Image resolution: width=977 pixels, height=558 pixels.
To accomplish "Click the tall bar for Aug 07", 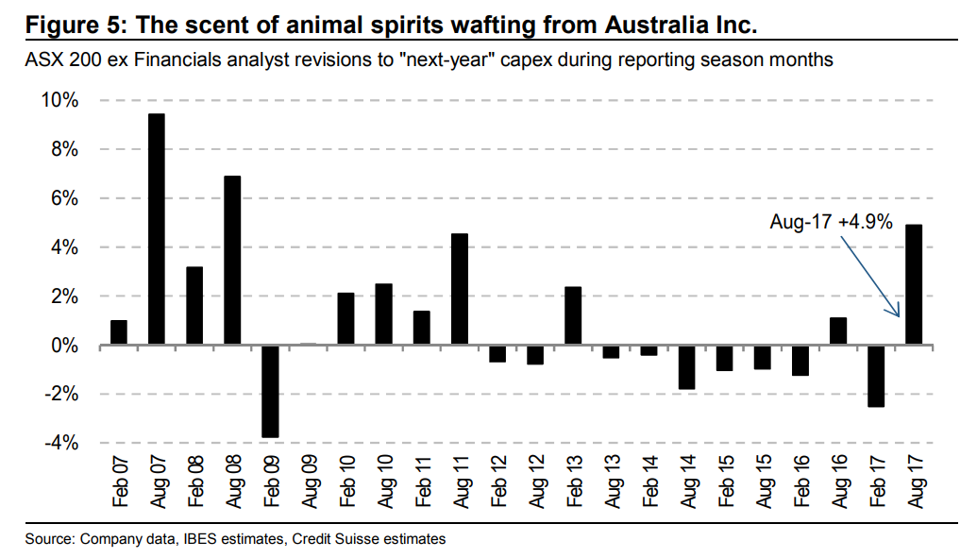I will [157, 229].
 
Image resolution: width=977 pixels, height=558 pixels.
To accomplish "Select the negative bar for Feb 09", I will [270, 391].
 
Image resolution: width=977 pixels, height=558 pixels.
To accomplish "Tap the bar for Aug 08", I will [232, 261].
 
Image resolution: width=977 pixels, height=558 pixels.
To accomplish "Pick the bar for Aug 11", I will [460, 289].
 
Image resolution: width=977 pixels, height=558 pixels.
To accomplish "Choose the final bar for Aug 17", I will [914, 284].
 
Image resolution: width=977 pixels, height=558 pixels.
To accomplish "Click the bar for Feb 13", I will [573, 315].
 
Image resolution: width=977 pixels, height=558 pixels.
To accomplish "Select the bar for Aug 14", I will [686, 367].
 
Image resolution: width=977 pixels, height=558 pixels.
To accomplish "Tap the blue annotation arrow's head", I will [896, 315].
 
